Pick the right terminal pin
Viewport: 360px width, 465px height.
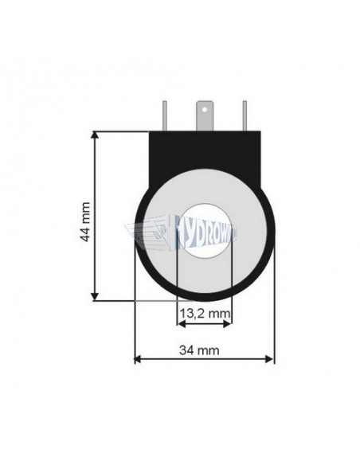pos(245,116)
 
